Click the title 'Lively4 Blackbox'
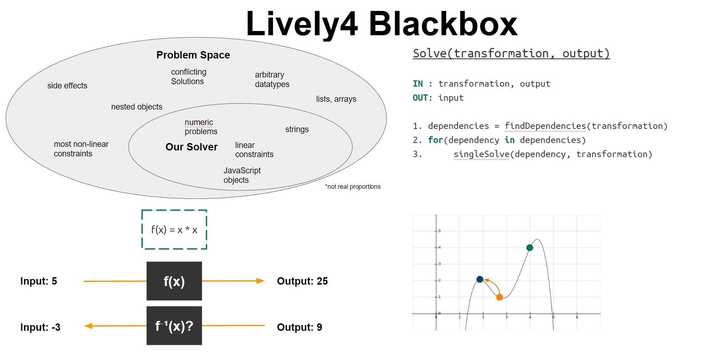click(x=381, y=24)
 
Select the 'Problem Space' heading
click(x=193, y=55)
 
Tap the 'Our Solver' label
click(x=191, y=147)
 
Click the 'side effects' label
click(x=67, y=86)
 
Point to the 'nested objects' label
click(x=137, y=107)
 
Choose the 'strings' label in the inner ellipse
click(x=297, y=129)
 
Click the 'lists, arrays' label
click(x=336, y=99)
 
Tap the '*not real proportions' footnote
click(x=352, y=187)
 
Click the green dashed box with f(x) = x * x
click(x=174, y=230)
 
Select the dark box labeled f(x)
click(x=174, y=281)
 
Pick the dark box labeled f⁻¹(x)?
click(x=174, y=326)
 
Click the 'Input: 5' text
click(x=38, y=281)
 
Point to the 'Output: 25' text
click(x=302, y=281)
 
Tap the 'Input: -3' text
click(x=40, y=327)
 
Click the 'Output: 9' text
click(x=299, y=327)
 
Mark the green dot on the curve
click(x=529, y=248)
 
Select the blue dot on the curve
click(x=480, y=279)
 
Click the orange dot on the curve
click(x=499, y=297)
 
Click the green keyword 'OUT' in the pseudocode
click(x=420, y=98)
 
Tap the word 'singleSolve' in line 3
click(x=481, y=154)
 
